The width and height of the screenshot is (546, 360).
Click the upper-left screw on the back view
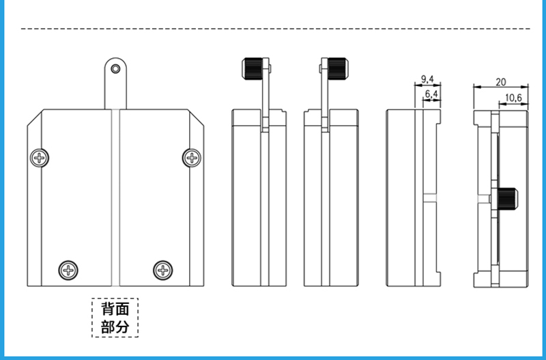pyautogui.click(x=40, y=158)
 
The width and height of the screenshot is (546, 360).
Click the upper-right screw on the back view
pyautogui.click(x=192, y=158)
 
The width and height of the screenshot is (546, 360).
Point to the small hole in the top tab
pyautogui.click(x=116, y=68)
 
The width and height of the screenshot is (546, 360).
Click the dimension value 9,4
pyautogui.click(x=428, y=79)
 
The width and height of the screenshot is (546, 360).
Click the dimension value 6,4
pyautogui.click(x=431, y=93)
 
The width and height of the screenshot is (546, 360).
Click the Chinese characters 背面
pyautogui.click(x=115, y=309)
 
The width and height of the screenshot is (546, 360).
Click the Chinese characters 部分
pyautogui.click(x=115, y=327)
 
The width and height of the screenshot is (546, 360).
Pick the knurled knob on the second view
pyautogui.click(x=253, y=68)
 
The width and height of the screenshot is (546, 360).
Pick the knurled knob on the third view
pyautogui.click(x=337, y=68)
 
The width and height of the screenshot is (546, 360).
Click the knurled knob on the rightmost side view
pyautogui.click(x=509, y=199)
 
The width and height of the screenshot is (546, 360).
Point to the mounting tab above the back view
pyautogui.click(x=116, y=85)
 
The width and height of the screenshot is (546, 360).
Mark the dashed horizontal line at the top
pyautogui.click(x=273, y=29)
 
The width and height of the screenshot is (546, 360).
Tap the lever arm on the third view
pyautogui.click(x=325, y=96)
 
